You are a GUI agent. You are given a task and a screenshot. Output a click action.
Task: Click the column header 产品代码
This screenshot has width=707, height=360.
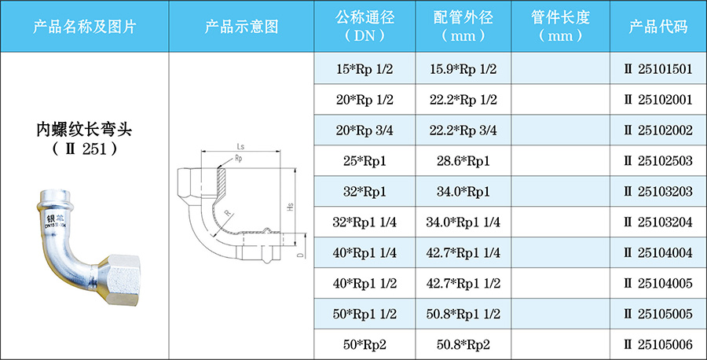[x=658, y=26]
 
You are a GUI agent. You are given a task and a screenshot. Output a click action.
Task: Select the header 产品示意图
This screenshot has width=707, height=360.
[x=241, y=26]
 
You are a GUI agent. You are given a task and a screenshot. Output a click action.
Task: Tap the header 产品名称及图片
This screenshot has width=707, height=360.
[x=84, y=26]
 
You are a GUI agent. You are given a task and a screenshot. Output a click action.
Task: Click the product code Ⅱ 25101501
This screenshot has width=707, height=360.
[x=658, y=69]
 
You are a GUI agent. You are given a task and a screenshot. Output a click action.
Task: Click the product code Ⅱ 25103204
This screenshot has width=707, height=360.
[x=658, y=222]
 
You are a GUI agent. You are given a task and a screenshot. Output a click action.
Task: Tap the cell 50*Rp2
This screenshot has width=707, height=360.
[x=364, y=344]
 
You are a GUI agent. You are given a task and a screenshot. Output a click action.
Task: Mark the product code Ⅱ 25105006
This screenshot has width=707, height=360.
[x=658, y=344]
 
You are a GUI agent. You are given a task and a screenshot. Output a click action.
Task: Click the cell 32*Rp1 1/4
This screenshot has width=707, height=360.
[x=364, y=222]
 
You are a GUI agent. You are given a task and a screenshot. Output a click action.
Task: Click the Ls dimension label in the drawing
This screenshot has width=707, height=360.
[x=240, y=146]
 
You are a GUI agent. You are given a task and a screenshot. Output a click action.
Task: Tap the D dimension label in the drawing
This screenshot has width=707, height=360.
[x=300, y=255]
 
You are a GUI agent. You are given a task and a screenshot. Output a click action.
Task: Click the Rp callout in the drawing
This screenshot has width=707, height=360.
[x=239, y=159]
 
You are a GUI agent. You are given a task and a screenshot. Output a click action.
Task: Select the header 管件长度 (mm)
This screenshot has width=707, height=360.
[x=560, y=26]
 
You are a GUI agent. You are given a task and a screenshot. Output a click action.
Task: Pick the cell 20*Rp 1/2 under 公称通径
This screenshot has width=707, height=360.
[x=364, y=100]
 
